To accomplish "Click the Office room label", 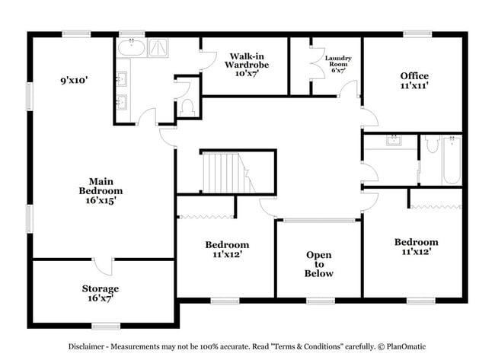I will coord(414,81).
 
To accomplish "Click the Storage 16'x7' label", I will coord(101,294).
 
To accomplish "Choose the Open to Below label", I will coord(318,264).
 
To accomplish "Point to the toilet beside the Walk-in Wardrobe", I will coord(186,107).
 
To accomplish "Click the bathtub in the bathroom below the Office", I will coord(452,160).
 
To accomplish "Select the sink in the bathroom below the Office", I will coord(394,141).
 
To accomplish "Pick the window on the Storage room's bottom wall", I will coord(106,326).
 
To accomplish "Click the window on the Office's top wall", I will coord(417,33).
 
